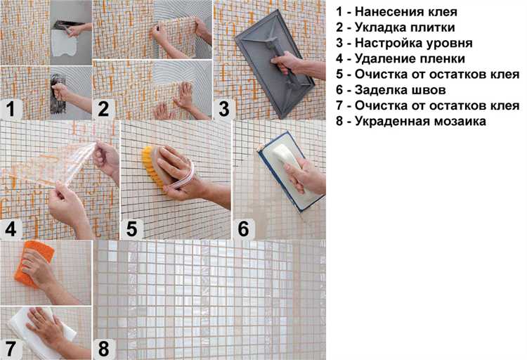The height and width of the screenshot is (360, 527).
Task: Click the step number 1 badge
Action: click(x=11, y=110)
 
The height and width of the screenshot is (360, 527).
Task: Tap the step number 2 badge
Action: click(x=104, y=110)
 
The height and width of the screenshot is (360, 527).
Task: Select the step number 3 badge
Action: click(x=224, y=110)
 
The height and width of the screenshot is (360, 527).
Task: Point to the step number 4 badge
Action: click(x=11, y=229)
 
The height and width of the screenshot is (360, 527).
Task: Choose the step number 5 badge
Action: click(x=132, y=229)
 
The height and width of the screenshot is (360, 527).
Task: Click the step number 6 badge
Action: click(x=244, y=229)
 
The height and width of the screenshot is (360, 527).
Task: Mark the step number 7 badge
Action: click(x=11, y=349)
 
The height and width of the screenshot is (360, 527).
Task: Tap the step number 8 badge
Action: click(x=104, y=349)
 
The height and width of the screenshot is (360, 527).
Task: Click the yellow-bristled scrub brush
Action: click(x=156, y=167)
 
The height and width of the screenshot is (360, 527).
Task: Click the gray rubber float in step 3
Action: click(x=274, y=64)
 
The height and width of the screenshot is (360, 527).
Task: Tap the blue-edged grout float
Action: click(x=288, y=172)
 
